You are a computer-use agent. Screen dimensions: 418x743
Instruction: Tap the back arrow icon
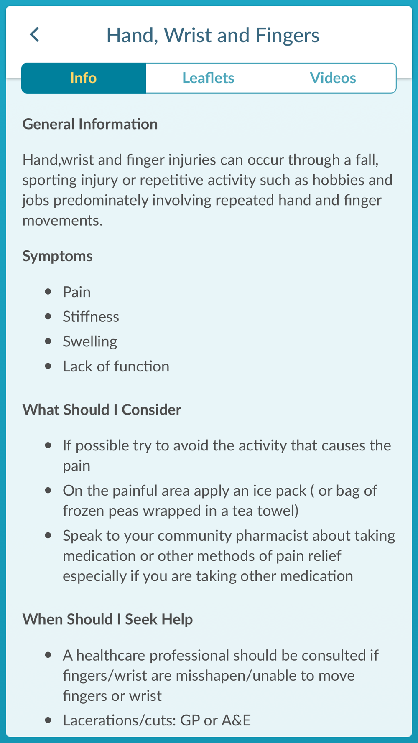click(x=35, y=35)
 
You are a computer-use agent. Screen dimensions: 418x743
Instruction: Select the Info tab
click(x=84, y=78)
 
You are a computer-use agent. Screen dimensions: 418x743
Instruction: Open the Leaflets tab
click(x=208, y=78)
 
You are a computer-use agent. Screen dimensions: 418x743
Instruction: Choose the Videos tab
click(x=333, y=78)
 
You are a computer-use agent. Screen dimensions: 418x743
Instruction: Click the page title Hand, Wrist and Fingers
click(x=213, y=35)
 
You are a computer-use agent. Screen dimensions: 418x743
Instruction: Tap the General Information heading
click(x=90, y=124)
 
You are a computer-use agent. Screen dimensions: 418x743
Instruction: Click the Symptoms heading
click(x=57, y=256)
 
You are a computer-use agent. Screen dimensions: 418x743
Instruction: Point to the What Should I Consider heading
click(x=102, y=410)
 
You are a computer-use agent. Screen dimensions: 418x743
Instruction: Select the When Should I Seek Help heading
click(x=107, y=619)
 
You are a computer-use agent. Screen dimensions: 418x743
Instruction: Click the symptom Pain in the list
click(x=76, y=292)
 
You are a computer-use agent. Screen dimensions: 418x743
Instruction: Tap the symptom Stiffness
click(x=91, y=317)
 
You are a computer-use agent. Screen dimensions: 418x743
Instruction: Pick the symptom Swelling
click(x=90, y=342)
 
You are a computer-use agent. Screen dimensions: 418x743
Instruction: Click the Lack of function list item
click(x=116, y=366)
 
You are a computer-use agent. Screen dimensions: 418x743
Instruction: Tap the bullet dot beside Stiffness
click(x=48, y=317)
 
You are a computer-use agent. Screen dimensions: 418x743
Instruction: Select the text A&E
click(x=236, y=720)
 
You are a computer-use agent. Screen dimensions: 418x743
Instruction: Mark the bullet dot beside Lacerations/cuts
click(x=48, y=720)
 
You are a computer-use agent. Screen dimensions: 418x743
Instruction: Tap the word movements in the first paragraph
click(x=62, y=221)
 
